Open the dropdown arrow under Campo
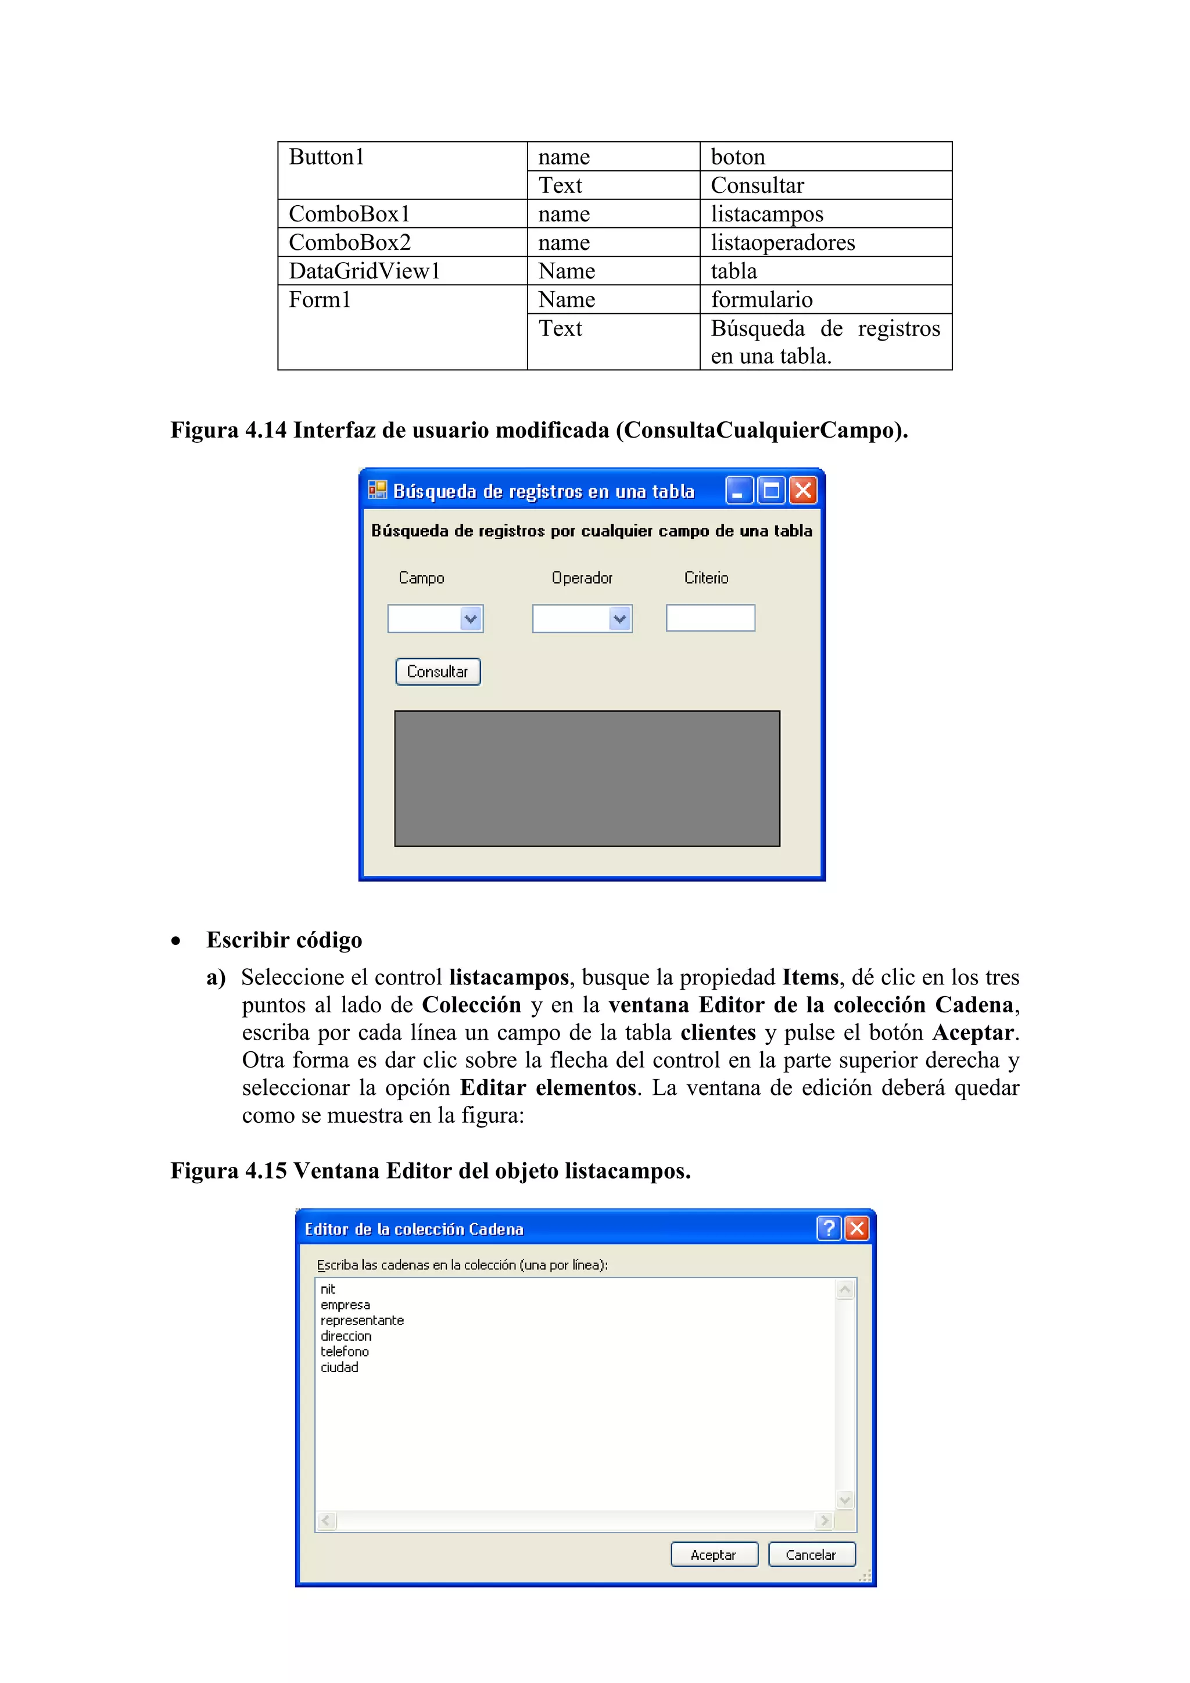(471, 619)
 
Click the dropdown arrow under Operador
(620, 619)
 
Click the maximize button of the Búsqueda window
(772, 490)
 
